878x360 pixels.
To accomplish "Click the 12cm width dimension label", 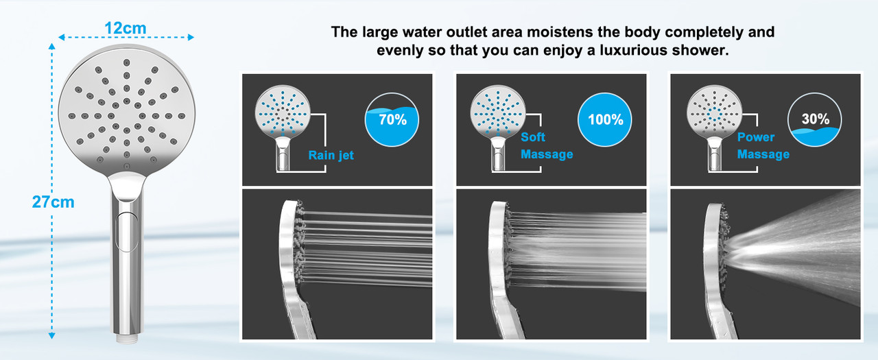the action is coord(126,28).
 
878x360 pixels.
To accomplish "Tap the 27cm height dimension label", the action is coord(53,202).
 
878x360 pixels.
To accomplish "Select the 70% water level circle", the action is coord(392,119).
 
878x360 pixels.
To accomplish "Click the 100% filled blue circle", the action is coord(605,119).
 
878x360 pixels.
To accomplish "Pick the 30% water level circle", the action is coord(814,119).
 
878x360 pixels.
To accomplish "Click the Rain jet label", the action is coord(331,155).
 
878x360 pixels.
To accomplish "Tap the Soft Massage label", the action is coord(547,146).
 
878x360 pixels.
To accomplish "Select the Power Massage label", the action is coord(763,146).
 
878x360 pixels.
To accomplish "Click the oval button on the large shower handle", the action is coord(128,231).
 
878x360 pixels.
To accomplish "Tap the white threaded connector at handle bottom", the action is coord(127,339).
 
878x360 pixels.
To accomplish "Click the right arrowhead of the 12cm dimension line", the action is coord(191,37).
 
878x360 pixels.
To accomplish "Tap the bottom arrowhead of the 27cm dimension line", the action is coord(51,336).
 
